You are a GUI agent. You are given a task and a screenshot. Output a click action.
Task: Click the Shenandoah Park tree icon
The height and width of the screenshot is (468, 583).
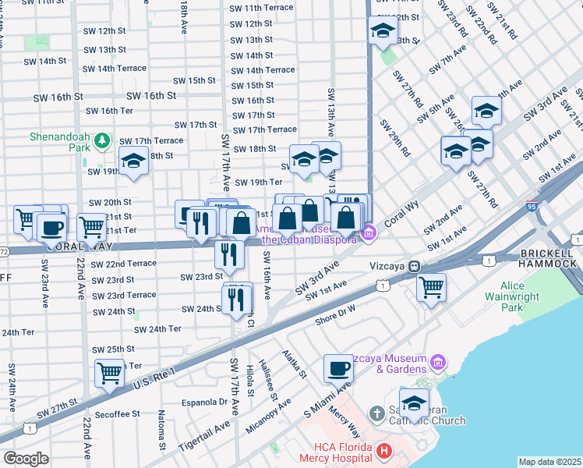pyautogui.click(x=101, y=141)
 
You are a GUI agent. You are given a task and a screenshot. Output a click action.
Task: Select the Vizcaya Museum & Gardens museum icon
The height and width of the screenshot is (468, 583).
pyautogui.click(x=438, y=363)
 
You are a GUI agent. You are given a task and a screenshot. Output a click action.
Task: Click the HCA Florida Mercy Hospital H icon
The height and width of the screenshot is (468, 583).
pyautogui.click(x=383, y=451)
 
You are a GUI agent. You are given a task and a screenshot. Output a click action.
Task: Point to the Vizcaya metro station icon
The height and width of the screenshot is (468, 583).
pyautogui.click(x=416, y=266)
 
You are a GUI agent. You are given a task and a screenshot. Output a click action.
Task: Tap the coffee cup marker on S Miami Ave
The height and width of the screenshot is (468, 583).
pyautogui.click(x=339, y=367)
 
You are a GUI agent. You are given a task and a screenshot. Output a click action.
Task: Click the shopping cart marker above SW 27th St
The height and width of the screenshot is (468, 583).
pyautogui.click(x=109, y=372)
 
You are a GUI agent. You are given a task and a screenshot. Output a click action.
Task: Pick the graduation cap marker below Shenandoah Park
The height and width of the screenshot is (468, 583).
pyautogui.click(x=133, y=161)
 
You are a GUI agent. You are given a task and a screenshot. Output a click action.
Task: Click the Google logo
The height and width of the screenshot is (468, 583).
pyautogui.click(x=26, y=459)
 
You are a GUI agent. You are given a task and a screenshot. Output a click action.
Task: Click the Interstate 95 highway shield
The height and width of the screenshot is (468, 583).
pyautogui.click(x=531, y=207)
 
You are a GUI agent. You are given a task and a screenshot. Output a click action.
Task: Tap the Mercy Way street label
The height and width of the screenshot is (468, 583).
pyautogui.click(x=344, y=420)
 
